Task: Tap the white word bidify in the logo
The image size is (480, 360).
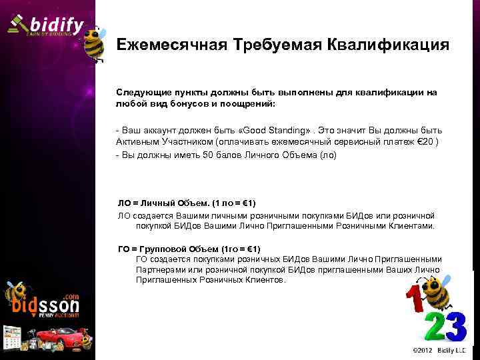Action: (x=57, y=25)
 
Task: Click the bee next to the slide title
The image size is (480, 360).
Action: (x=94, y=43)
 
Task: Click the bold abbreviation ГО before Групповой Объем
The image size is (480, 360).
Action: (x=124, y=249)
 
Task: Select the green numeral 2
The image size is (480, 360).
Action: (x=434, y=326)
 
